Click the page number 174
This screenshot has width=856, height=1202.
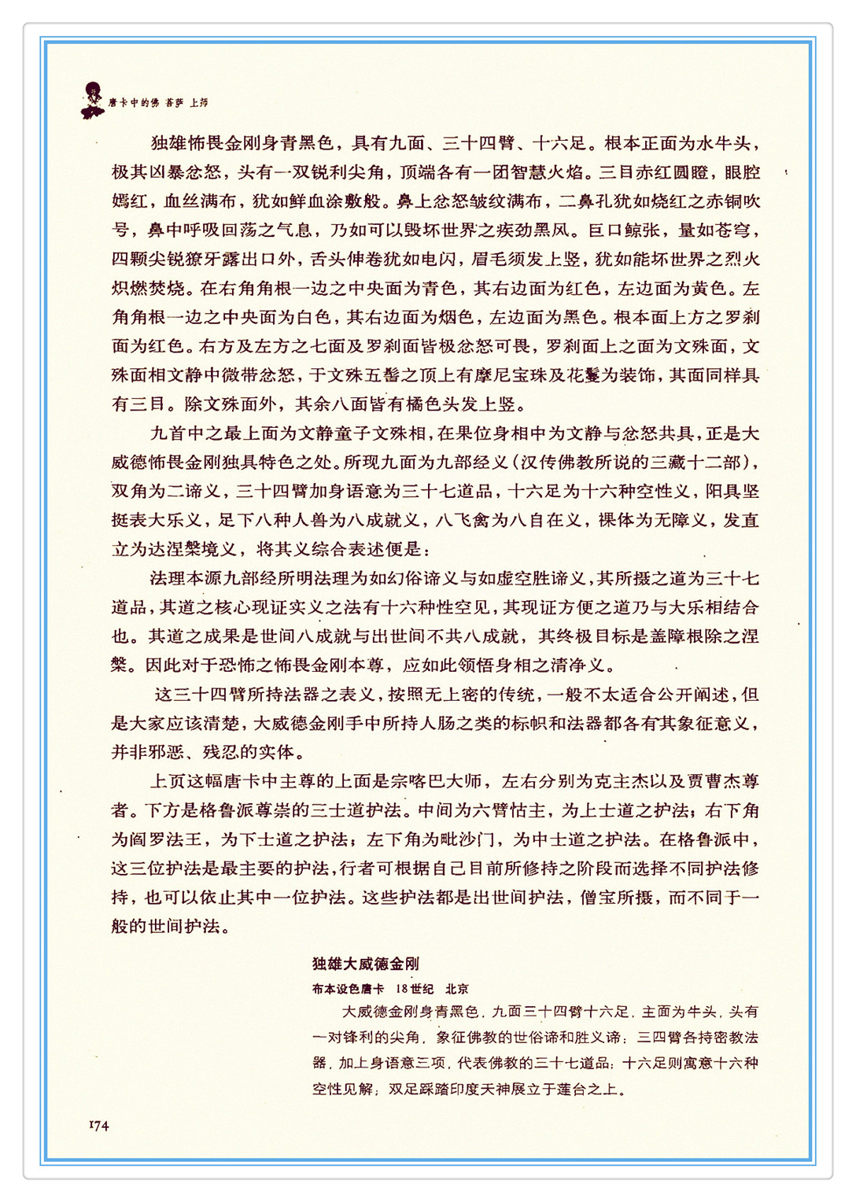tap(98, 1126)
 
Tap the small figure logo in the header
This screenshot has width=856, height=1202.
tap(92, 99)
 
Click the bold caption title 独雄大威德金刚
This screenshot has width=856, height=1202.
tap(366, 964)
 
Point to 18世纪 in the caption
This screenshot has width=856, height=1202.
tap(415, 989)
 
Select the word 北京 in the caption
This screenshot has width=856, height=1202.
tap(456, 989)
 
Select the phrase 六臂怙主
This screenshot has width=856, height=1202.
tap(509, 810)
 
